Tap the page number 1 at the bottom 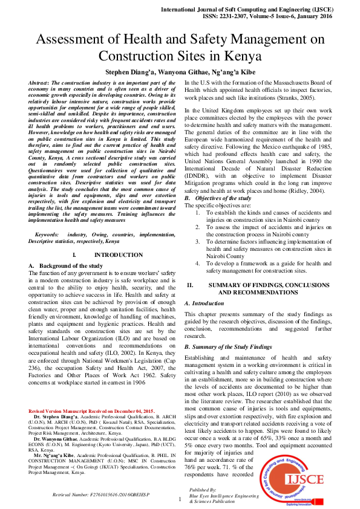[180, 499]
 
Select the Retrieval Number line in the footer [100, 494]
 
